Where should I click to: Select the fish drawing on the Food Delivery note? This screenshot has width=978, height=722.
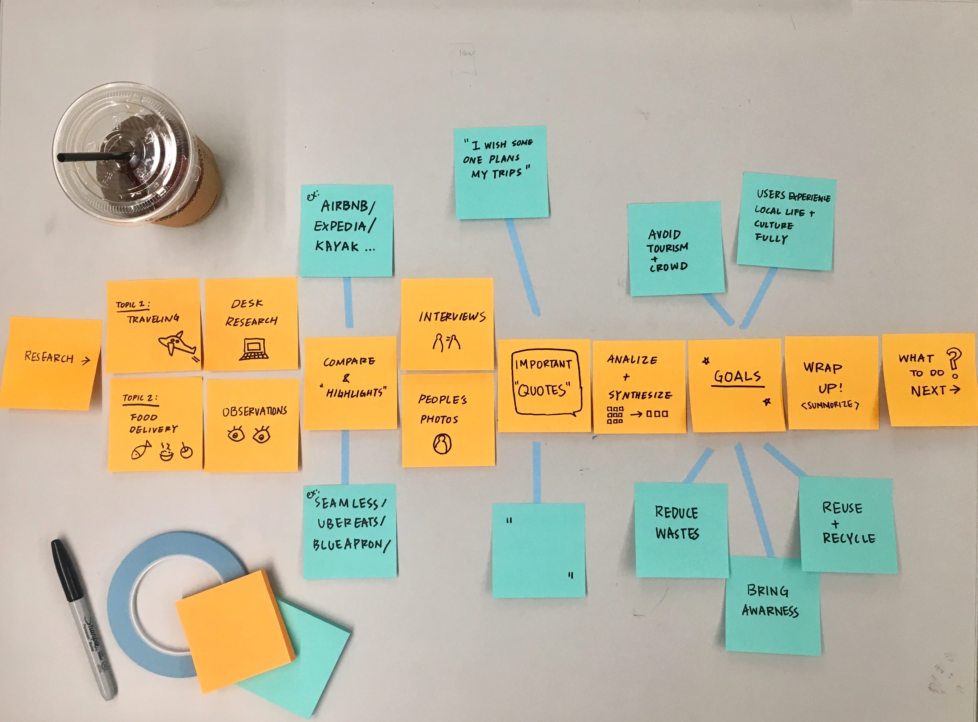pyautogui.click(x=141, y=450)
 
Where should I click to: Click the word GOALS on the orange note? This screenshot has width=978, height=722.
pyautogui.click(x=738, y=376)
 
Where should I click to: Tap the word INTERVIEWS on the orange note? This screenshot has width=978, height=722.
pyautogui.click(x=452, y=316)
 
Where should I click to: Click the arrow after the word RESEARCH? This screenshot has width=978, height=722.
pyautogui.click(x=86, y=360)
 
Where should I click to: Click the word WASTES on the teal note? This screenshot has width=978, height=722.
pyautogui.click(x=677, y=533)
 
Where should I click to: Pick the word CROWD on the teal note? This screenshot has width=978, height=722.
pyautogui.click(x=668, y=267)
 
